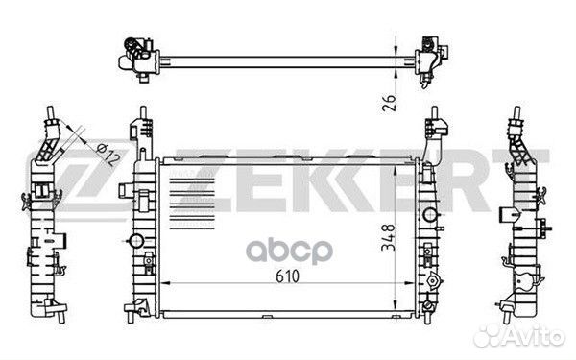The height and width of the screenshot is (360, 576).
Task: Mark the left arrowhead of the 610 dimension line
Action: coord(162,286)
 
